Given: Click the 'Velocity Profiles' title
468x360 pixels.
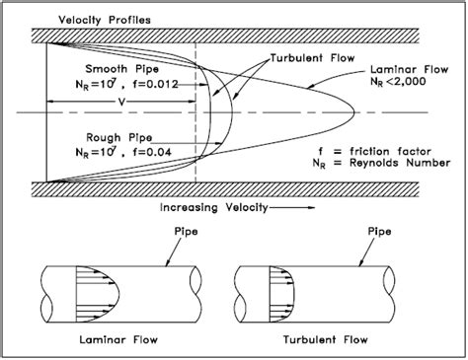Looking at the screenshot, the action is pyautogui.click(x=105, y=20).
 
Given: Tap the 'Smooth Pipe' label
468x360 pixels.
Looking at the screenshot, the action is pyautogui.click(x=122, y=69).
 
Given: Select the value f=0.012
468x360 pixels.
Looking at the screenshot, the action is pyautogui.click(x=155, y=85).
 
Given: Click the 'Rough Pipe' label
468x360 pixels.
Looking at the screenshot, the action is pyautogui.click(x=119, y=137).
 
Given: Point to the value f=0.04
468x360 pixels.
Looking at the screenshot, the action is pyautogui.click(x=152, y=152).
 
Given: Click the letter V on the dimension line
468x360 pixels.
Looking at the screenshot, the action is pyautogui.click(x=122, y=103).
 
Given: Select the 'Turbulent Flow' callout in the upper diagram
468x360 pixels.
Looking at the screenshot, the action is pyautogui.click(x=313, y=58).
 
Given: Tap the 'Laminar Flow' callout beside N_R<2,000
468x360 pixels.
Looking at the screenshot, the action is pyautogui.click(x=410, y=70).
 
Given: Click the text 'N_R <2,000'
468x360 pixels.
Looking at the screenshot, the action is pyautogui.click(x=398, y=81).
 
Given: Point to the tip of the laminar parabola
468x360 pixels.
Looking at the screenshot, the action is pyautogui.click(x=354, y=112).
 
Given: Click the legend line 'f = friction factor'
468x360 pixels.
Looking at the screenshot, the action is pyautogui.click(x=374, y=152).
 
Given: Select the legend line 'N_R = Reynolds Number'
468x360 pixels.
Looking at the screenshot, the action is pyautogui.click(x=381, y=163).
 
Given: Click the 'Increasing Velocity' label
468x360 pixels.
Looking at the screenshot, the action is pyautogui.click(x=214, y=208).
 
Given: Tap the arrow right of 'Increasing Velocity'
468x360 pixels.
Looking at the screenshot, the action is pyautogui.click(x=292, y=208).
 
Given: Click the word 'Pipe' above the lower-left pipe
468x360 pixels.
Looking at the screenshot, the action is pyautogui.click(x=186, y=232).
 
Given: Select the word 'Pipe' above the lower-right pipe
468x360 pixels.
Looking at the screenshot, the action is pyautogui.click(x=379, y=232).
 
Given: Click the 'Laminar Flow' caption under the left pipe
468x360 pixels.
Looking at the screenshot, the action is pyautogui.click(x=118, y=339).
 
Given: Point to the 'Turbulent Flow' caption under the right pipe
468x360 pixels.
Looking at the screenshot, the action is pyautogui.click(x=326, y=339).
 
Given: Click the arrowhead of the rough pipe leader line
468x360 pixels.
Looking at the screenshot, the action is pyautogui.click(x=218, y=143).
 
